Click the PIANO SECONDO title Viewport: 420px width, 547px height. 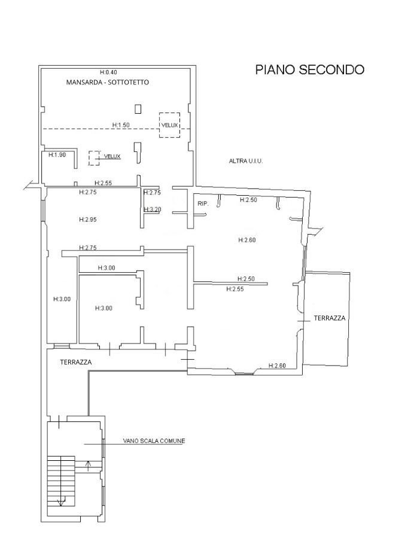(309, 70)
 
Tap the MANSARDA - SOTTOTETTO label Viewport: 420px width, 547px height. (108, 83)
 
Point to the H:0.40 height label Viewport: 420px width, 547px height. (109, 72)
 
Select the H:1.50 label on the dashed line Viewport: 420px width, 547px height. (121, 125)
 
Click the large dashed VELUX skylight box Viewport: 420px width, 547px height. (169, 125)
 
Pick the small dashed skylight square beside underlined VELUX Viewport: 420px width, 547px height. (94, 157)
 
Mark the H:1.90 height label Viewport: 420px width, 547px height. (57, 154)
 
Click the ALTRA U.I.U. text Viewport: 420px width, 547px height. (246, 161)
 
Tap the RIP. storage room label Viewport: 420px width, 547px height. (202, 204)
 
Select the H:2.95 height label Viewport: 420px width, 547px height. (87, 220)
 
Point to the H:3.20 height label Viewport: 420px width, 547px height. (153, 209)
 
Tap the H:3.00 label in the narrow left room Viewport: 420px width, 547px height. (62, 299)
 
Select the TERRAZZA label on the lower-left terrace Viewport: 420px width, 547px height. (75, 363)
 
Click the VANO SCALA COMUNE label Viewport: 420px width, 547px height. (154, 441)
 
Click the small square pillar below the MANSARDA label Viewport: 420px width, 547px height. (138, 108)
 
